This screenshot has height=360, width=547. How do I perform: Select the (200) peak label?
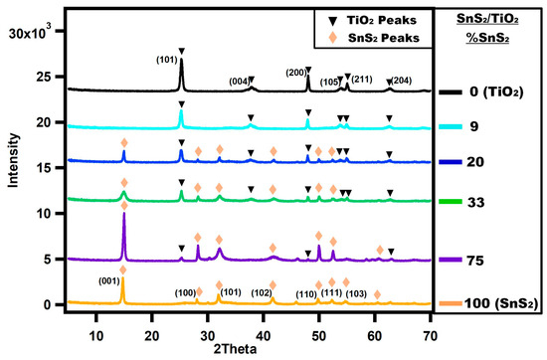296,73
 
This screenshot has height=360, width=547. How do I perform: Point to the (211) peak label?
361,79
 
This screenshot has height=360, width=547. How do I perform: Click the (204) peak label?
401,80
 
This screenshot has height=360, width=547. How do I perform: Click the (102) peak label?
262,292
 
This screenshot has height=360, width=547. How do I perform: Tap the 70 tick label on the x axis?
430,322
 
